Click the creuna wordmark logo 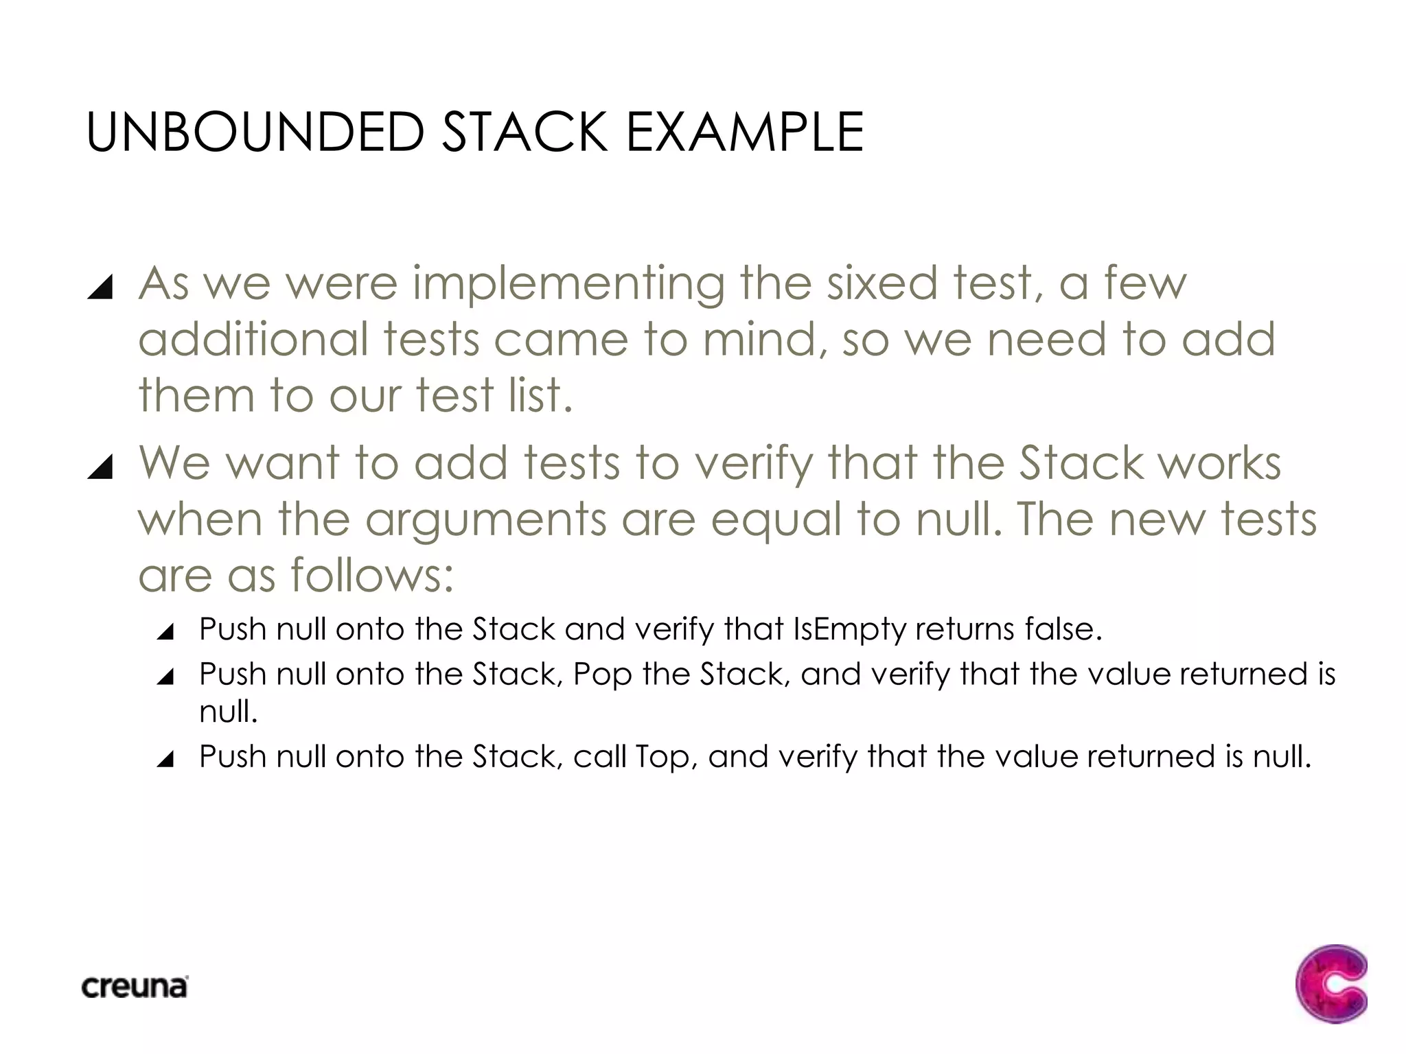pos(135,987)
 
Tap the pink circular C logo pos(1331,984)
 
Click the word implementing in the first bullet pos(568,284)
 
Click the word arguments pos(485,520)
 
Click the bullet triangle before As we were pos(100,287)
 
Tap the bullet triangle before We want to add pos(100,467)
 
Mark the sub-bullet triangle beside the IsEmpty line pos(165,631)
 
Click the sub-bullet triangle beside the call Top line pos(165,759)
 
